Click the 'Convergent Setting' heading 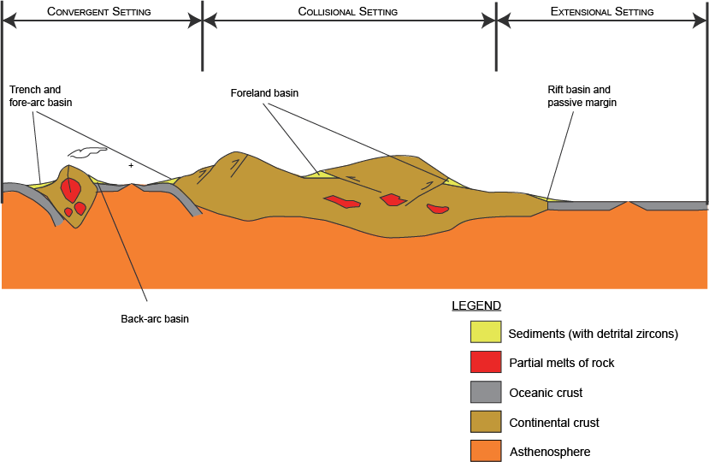pyautogui.click(x=99, y=12)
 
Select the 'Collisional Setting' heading pyautogui.click(x=347, y=12)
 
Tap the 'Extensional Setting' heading pyautogui.click(x=602, y=12)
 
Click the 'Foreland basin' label pyautogui.click(x=264, y=92)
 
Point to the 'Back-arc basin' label pyautogui.click(x=155, y=319)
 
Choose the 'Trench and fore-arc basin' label pyautogui.click(x=41, y=96)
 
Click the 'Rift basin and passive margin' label pyautogui.click(x=582, y=96)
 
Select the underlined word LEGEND pyautogui.click(x=476, y=305)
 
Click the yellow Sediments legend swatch pyautogui.click(x=485, y=332)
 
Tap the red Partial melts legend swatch pyautogui.click(x=485, y=362)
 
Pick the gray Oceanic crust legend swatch pyautogui.click(x=485, y=392)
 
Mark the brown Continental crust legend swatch pyautogui.click(x=485, y=422)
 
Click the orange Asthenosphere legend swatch pyautogui.click(x=485, y=451)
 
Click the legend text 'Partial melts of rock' pyautogui.click(x=562, y=363)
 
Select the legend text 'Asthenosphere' pyautogui.click(x=550, y=452)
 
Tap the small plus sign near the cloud pyautogui.click(x=131, y=164)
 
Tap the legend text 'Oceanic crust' pyautogui.click(x=546, y=393)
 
